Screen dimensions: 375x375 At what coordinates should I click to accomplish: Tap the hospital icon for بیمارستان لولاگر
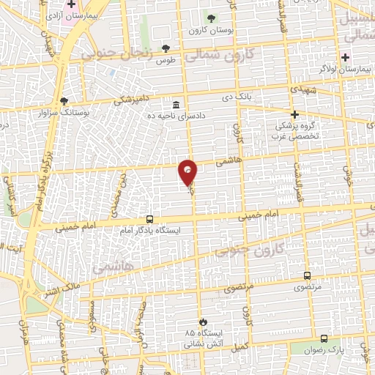[345, 57]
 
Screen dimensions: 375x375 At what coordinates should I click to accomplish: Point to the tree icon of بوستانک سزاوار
[64, 102]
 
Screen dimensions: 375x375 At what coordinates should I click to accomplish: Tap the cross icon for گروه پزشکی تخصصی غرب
[294, 114]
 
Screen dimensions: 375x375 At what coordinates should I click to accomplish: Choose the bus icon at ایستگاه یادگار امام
[150, 219]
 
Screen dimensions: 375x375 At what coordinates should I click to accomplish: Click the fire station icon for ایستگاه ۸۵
[203, 322]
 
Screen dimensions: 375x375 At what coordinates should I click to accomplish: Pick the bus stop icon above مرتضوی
[307, 276]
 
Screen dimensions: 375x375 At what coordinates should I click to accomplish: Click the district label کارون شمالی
[229, 54]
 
